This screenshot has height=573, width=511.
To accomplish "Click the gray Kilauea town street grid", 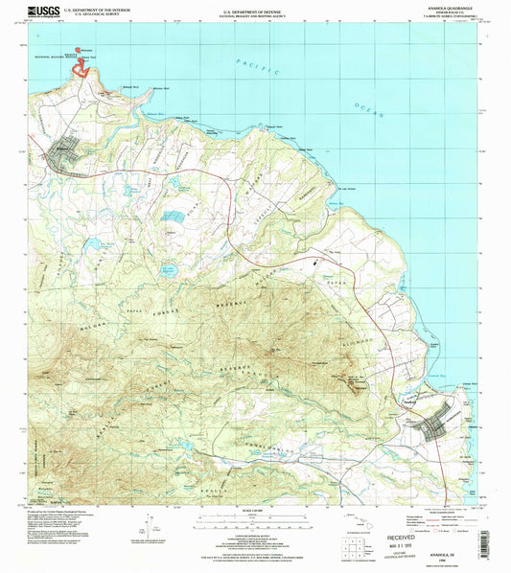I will click(x=68, y=151).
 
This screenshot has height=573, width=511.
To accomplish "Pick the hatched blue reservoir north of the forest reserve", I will click(x=174, y=218).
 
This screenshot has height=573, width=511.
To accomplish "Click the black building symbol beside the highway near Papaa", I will click(x=313, y=258).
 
